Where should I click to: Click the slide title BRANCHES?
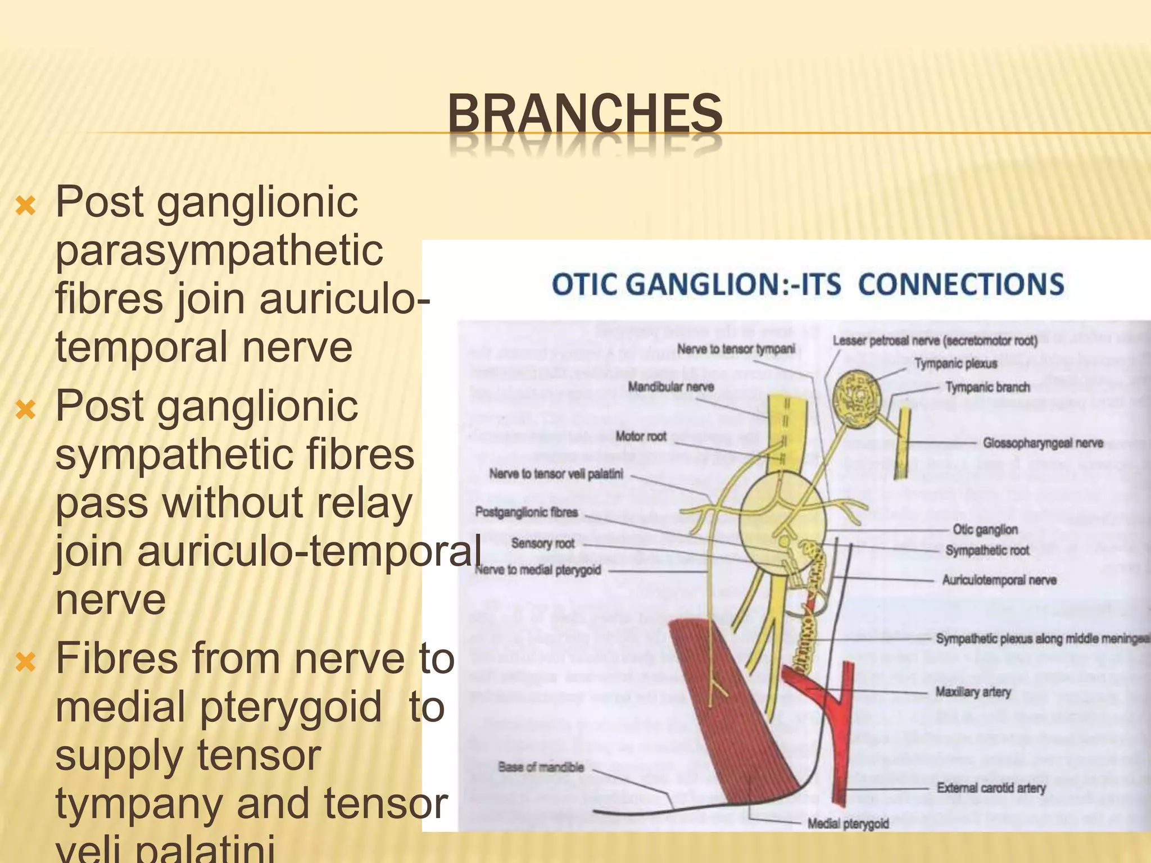pyautogui.click(x=585, y=114)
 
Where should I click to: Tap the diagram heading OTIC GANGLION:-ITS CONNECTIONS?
pyautogui.click(x=808, y=284)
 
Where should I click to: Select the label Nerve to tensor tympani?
pyautogui.click(x=736, y=349)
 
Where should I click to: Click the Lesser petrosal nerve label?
pyautogui.click(x=935, y=340)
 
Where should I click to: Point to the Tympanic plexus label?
pyautogui.click(x=955, y=364)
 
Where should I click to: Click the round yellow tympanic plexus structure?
pyautogui.click(x=858, y=398)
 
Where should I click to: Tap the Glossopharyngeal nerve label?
pyautogui.click(x=1043, y=443)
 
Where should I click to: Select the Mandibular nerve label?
pyautogui.click(x=670, y=387)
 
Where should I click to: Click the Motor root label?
pyautogui.click(x=641, y=436)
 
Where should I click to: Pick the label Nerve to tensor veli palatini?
pyautogui.click(x=556, y=474)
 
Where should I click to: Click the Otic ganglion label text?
pyautogui.click(x=985, y=529)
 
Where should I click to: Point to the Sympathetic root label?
pyautogui.click(x=987, y=551)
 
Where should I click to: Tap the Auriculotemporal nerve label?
pyautogui.click(x=999, y=580)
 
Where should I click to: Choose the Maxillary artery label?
pyautogui.click(x=973, y=692)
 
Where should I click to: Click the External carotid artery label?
pyautogui.click(x=991, y=788)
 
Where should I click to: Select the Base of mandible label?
pyautogui.click(x=541, y=767)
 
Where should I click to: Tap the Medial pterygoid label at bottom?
pyautogui.click(x=848, y=824)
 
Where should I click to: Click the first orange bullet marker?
pyautogui.click(x=26, y=206)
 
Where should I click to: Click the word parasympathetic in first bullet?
pyautogui.click(x=219, y=251)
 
